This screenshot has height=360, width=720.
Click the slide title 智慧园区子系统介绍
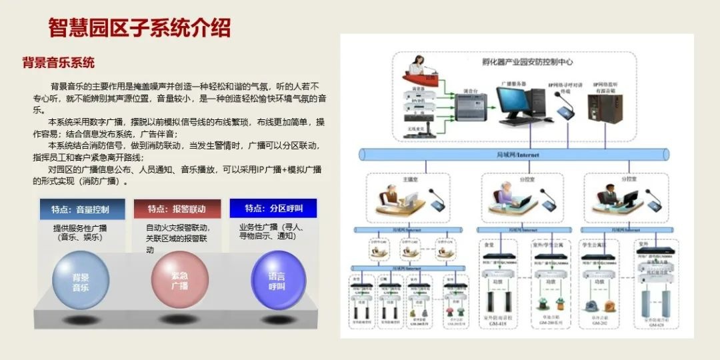pos(139,28)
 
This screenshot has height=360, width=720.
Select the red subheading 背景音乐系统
pos(59,63)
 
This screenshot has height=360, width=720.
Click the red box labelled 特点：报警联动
pos(177,209)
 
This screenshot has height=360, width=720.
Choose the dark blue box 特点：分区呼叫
pos(273,208)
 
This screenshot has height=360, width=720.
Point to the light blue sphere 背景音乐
pos(81,281)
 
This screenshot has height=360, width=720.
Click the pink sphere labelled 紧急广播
pos(179,279)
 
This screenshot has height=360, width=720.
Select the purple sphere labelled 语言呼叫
pos(277,281)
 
